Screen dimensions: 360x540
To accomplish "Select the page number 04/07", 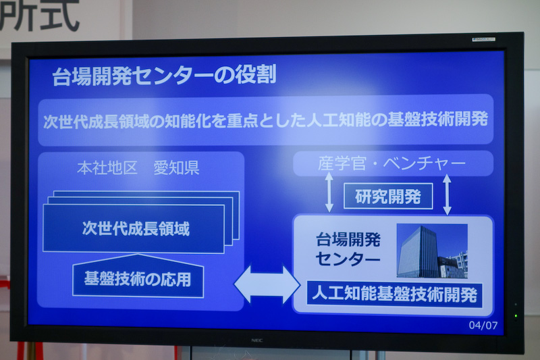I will coord(483,325).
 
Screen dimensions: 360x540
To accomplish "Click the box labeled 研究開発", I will coord(387,197).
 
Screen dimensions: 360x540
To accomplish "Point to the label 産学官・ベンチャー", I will coord(391,164).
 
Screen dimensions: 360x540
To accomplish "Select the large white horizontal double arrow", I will coord(267,284).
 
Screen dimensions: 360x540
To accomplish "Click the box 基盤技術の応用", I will coord(138,278).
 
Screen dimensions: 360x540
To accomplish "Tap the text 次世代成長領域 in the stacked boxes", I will coord(136,228).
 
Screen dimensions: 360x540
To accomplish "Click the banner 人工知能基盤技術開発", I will coord(393,294).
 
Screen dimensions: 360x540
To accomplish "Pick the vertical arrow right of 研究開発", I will coord(447,195).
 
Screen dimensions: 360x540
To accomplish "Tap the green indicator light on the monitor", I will coord(516,315).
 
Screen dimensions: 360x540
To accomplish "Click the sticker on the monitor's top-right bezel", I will coord(484,39).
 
